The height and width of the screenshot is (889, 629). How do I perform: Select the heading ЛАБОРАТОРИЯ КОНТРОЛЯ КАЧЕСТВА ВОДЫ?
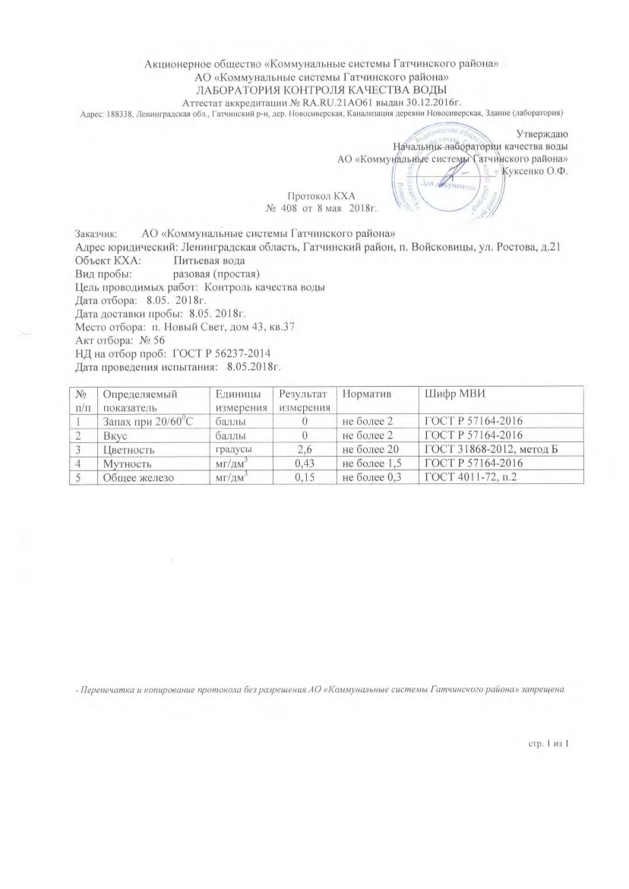click(314, 88)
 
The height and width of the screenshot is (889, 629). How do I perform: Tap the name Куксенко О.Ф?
click(536, 171)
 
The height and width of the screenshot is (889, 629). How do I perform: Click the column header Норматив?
click(365, 394)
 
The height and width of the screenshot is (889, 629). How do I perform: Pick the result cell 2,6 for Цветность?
click(305, 450)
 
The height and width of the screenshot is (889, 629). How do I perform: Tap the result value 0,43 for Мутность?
click(305, 463)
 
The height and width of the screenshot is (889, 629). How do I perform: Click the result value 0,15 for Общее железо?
click(305, 477)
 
